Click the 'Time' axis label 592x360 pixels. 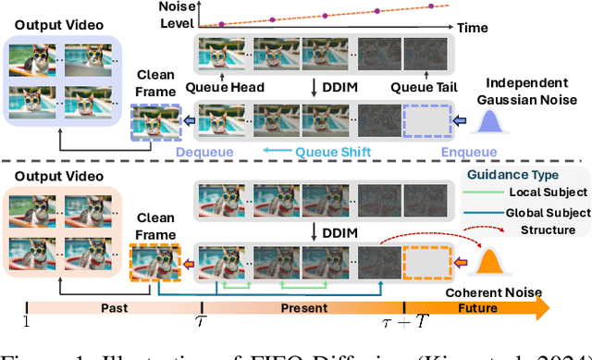473,28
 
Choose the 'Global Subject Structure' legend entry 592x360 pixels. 543,220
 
